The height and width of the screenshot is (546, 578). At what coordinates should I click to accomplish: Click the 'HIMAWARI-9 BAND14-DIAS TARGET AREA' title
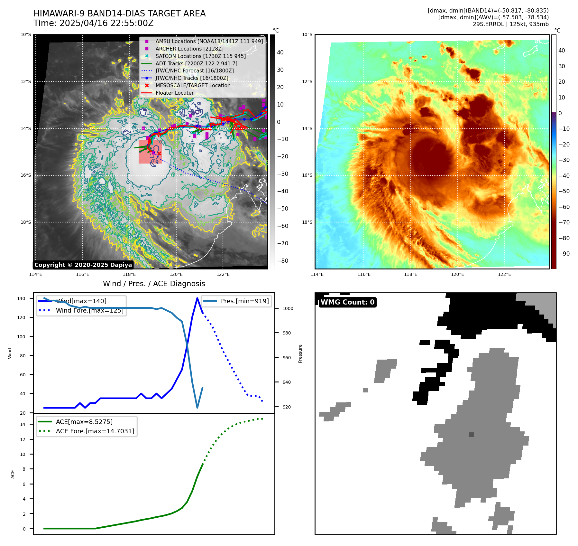click(x=119, y=14)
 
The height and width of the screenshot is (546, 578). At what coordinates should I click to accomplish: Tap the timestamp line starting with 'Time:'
click(x=93, y=23)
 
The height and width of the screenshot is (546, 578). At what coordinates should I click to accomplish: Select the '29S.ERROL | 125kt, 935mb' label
click(x=510, y=24)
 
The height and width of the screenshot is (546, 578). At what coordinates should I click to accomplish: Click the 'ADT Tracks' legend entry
click(x=196, y=63)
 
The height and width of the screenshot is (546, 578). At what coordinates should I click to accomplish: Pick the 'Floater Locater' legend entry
click(x=174, y=93)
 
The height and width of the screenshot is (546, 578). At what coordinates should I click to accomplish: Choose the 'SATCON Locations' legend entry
click(x=200, y=56)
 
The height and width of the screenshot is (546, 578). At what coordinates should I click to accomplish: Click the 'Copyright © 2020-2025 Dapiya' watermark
click(x=83, y=265)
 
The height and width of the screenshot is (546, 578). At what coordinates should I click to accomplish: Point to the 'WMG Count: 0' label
click(x=347, y=302)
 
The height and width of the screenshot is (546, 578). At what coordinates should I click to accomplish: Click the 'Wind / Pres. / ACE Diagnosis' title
click(x=154, y=284)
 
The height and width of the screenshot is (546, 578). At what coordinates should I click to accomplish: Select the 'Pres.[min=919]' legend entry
click(x=244, y=301)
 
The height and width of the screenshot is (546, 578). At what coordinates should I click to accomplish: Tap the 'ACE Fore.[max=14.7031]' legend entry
click(x=95, y=431)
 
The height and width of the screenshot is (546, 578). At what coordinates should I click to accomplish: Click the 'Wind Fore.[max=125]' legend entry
click(x=89, y=310)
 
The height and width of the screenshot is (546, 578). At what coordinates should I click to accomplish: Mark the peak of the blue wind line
click(x=197, y=298)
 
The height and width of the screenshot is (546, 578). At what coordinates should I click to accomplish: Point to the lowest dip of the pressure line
click(x=197, y=408)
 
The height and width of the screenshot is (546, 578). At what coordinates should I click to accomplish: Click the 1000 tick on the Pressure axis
click(x=288, y=308)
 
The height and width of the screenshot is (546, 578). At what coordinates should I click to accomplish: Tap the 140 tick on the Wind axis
click(x=21, y=298)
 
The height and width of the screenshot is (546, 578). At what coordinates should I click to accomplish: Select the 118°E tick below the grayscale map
click(x=129, y=274)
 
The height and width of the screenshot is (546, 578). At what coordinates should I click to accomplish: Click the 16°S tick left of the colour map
click(x=307, y=175)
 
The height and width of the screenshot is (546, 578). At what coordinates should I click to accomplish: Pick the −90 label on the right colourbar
click(x=564, y=254)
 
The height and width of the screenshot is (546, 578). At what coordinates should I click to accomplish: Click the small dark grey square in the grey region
click(x=471, y=435)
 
